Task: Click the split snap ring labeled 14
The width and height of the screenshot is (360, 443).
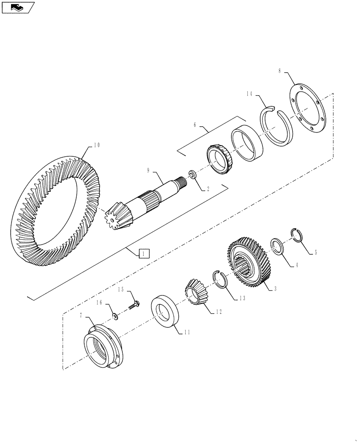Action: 276,126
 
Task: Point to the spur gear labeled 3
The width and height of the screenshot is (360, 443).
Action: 251,263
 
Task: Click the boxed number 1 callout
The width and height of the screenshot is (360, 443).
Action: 145,253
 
